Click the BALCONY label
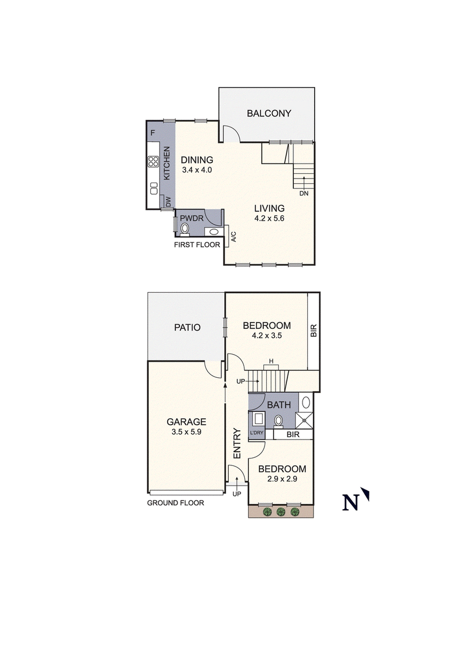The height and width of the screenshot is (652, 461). coord(269,113)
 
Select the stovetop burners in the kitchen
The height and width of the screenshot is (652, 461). coord(153,162)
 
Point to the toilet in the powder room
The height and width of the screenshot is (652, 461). coord(185,229)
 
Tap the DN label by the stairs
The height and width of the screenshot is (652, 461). coord(304,194)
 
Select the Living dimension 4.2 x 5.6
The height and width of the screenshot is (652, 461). coord(270,219)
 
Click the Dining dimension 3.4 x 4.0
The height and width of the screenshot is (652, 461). coord(197,170)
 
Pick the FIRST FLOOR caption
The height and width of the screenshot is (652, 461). coord(198,245)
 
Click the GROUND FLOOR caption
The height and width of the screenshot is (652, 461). coord(175,503)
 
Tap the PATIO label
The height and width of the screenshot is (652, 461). coord(187,328)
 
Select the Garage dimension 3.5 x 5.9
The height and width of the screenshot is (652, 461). coord(186,432)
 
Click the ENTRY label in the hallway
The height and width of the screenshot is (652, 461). coord(236,443)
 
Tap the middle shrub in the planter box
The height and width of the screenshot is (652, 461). coord(281,511)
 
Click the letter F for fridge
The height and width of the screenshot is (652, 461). coord(152,133)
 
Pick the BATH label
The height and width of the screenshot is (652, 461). coord(278,405)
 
